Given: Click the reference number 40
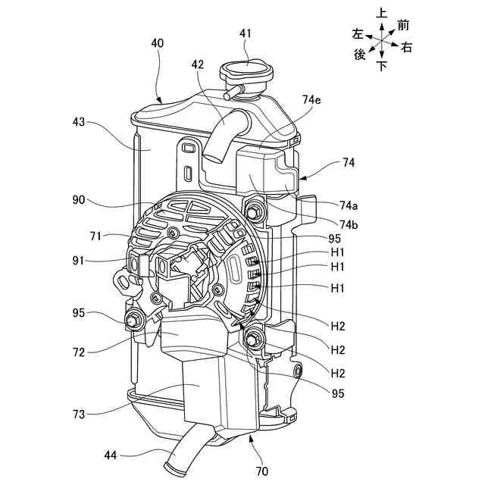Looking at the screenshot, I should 157,44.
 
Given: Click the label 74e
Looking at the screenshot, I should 311,99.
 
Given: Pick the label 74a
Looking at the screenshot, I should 349,205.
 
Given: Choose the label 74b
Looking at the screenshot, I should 349,224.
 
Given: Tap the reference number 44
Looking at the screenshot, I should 111,455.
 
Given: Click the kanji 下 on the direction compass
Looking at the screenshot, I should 382,67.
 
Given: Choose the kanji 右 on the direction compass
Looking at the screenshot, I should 406,47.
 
